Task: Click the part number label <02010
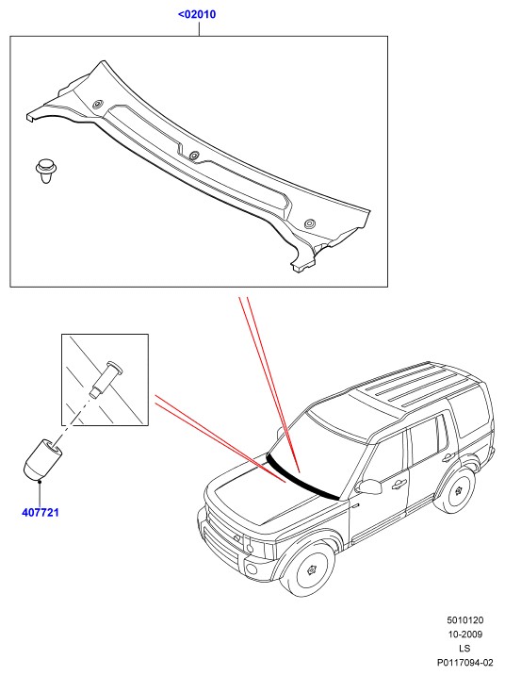pyautogui.click(x=197, y=14)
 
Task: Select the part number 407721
pyautogui.click(x=41, y=513)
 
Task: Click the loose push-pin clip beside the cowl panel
pyautogui.click(x=45, y=171)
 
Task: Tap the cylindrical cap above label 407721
pyautogui.click(x=42, y=459)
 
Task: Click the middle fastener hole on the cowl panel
pyautogui.click(x=194, y=155)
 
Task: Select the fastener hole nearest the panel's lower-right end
pyautogui.click(x=309, y=223)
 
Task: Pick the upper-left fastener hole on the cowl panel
pyautogui.click(x=98, y=104)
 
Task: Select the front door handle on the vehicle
pyautogui.click(x=399, y=484)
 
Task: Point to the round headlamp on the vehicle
pyautogui.click(x=250, y=548)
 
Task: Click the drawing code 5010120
pyautogui.click(x=464, y=620)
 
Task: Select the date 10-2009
pyautogui.click(x=464, y=635)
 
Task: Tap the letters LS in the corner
pyautogui.click(x=464, y=648)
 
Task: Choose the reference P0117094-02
pyautogui.click(x=464, y=662)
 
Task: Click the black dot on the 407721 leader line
pyautogui.click(x=40, y=481)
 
